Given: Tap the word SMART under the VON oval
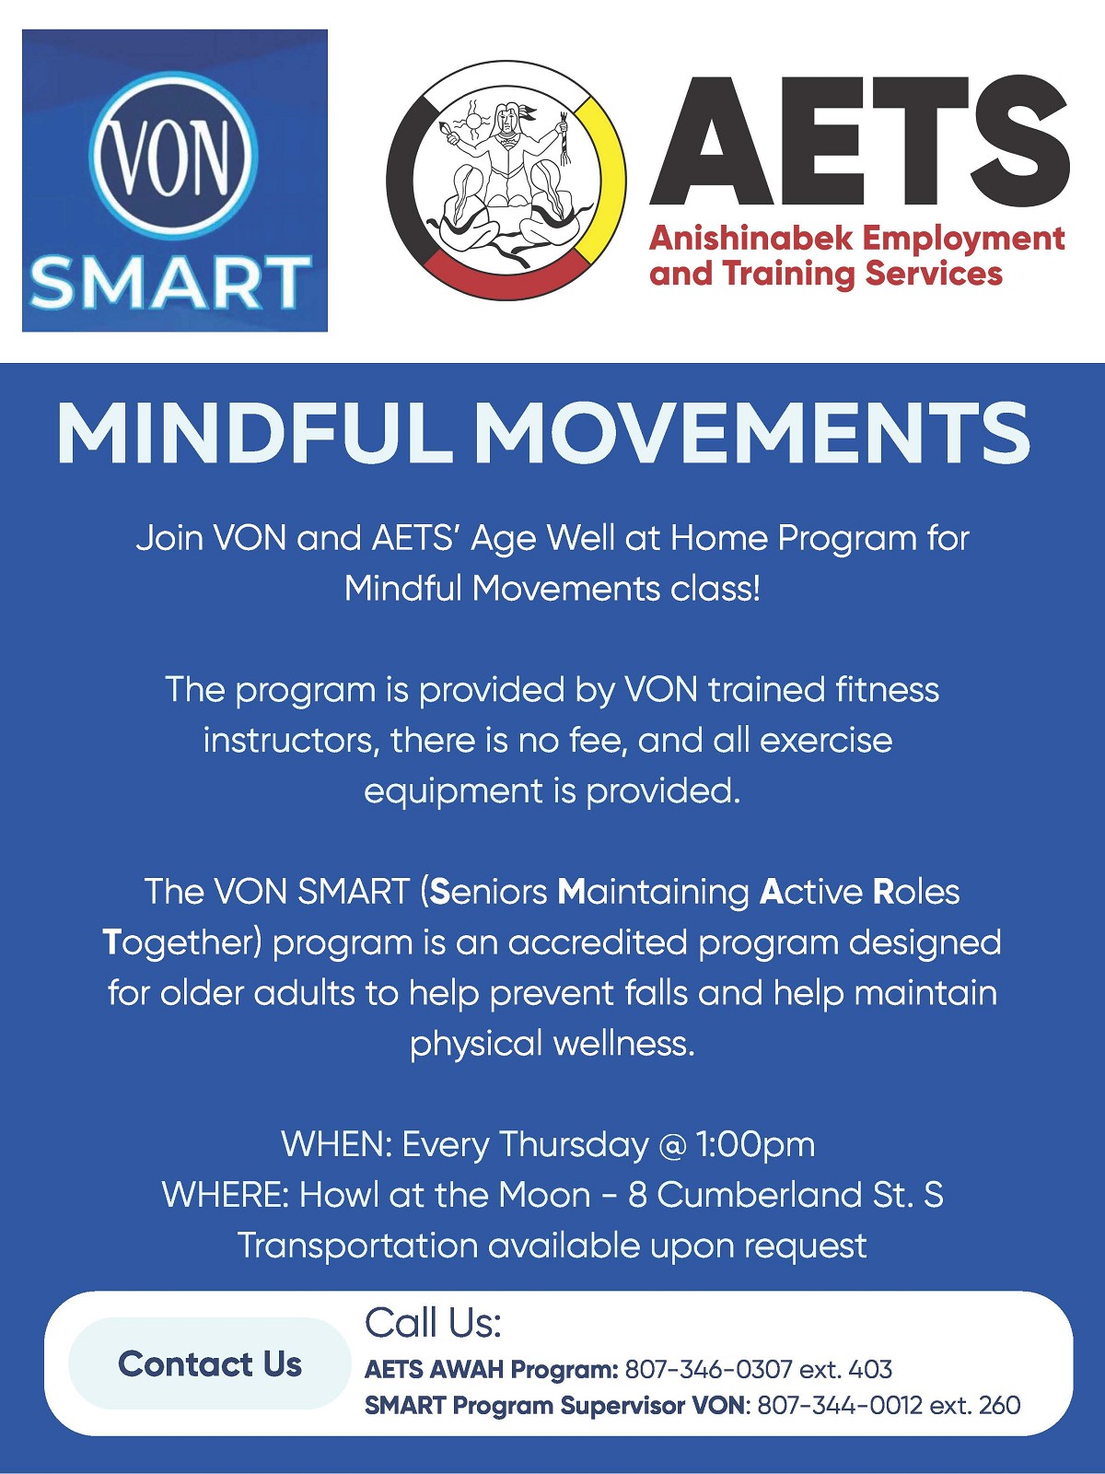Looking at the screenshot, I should tap(170, 282).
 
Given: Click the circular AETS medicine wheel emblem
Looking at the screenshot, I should tap(506, 181).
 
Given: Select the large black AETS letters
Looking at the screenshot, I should tap(858, 141).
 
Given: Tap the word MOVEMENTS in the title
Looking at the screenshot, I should tap(751, 433).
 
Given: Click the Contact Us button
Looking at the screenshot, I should tap(209, 1363).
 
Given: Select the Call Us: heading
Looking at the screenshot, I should tap(433, 1323).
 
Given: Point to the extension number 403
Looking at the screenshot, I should tap(870, 1369).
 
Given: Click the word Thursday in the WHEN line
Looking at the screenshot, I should tap(574, 1144).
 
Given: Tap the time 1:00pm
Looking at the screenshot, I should tap(755, 1144).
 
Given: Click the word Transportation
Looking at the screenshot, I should tap(357, 1246).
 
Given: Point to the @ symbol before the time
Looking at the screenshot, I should tap(673, 1145).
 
